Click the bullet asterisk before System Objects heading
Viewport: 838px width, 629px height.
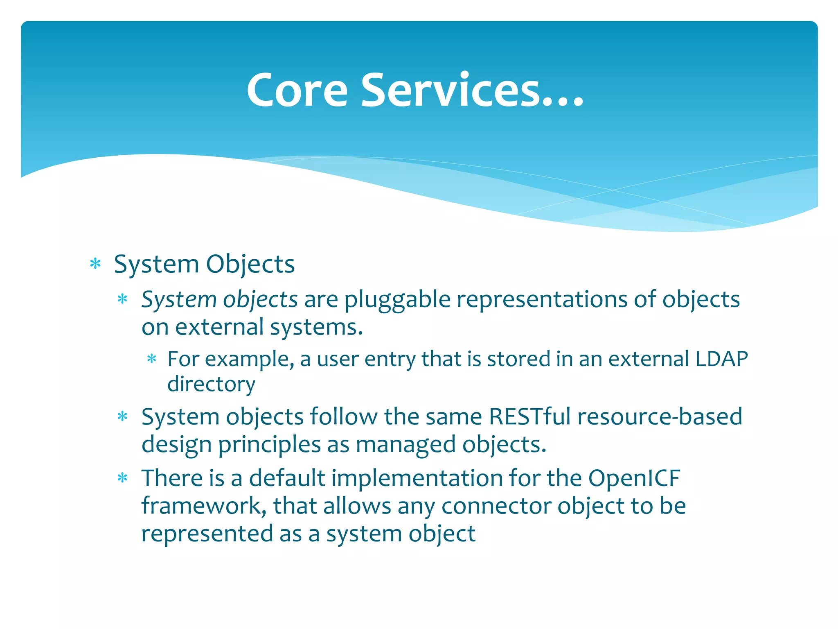95,264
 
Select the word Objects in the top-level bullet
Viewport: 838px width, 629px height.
250,264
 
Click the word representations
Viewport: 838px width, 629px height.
542,300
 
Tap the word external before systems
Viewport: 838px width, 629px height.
219,327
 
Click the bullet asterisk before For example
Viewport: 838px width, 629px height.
152,360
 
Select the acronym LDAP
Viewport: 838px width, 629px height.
721,359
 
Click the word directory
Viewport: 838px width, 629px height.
211,384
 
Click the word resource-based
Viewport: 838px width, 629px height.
660,417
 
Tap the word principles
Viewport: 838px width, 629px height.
269,445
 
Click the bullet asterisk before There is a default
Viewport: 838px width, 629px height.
122,478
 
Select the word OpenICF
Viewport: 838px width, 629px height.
634,478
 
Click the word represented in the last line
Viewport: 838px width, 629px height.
207,534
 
